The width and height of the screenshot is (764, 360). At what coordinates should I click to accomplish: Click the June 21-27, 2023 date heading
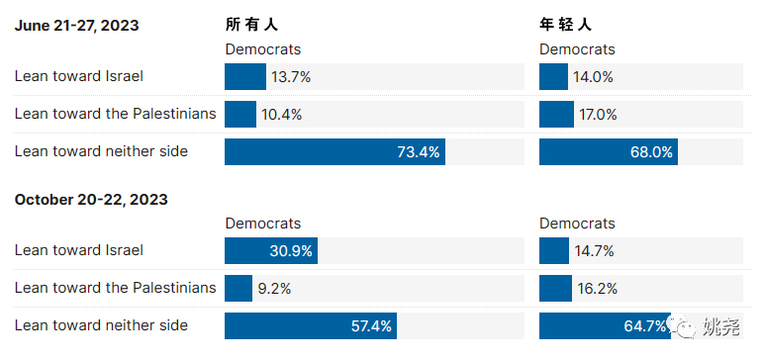(x=76, y=26)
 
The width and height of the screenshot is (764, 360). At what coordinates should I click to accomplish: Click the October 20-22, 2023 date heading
(x=91, y=200)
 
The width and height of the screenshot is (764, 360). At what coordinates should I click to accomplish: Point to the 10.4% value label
(x=282, y=115)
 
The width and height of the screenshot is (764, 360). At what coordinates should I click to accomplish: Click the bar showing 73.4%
(x=334, y=152)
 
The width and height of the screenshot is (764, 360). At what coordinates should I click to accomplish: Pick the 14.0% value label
(x=594, y=77)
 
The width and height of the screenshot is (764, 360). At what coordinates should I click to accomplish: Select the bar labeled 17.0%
(x=556, y=115)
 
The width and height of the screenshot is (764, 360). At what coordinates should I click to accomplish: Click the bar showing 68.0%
(x=608, y=152)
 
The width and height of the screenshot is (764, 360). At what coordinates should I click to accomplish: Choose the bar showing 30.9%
(x=270, y=251)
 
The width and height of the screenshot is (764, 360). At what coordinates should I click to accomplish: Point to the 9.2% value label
(x=277, y=289)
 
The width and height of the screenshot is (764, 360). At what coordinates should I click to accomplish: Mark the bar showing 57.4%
(x=311, y=326)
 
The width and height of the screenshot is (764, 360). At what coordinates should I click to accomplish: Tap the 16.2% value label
(x=597, y=289)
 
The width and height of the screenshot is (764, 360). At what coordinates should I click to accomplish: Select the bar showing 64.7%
(x=604, y=326)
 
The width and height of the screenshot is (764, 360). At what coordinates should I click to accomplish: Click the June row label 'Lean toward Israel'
(x=78, y=76)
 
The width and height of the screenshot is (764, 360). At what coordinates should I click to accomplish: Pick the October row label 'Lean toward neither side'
(x=101, y=325)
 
